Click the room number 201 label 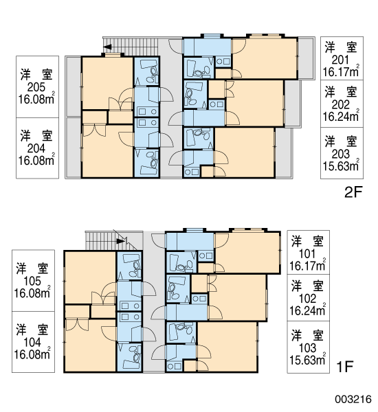(340, 60)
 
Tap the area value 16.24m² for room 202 (341, 116)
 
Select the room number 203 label (340, 154)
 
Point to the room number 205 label (36, 87)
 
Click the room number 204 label (36, 149)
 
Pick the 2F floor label (353, 192)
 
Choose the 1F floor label (344, 367)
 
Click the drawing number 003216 (353, 399)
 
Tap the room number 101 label (307, 254)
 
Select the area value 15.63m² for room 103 (307, 360)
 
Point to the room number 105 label (32, 282)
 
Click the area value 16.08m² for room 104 (32, 354)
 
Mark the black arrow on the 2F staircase (107, 47)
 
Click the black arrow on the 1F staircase (120, 241)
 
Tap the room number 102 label (307, 299)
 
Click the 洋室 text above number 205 (36, 74)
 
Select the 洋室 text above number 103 (307, 336)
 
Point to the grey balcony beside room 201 (307, 58)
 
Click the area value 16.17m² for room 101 (307, 266)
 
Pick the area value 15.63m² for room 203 (341, 165)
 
